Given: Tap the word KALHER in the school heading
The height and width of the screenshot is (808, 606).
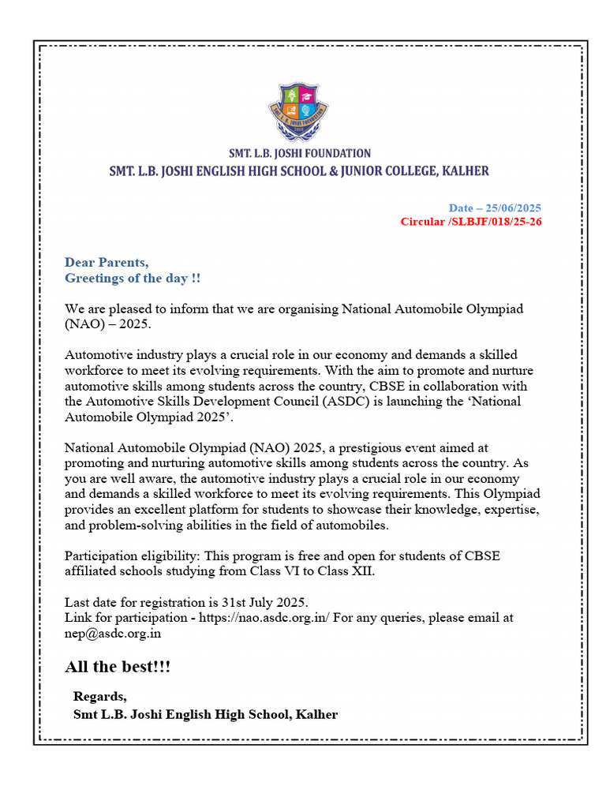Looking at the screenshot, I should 462,170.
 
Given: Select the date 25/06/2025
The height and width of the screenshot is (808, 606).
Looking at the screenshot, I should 513,208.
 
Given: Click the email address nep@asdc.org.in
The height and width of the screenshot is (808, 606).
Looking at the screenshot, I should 114,632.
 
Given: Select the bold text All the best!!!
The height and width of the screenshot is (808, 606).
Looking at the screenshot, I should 118,668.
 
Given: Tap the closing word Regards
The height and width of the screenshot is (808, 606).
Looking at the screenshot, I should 99,696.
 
